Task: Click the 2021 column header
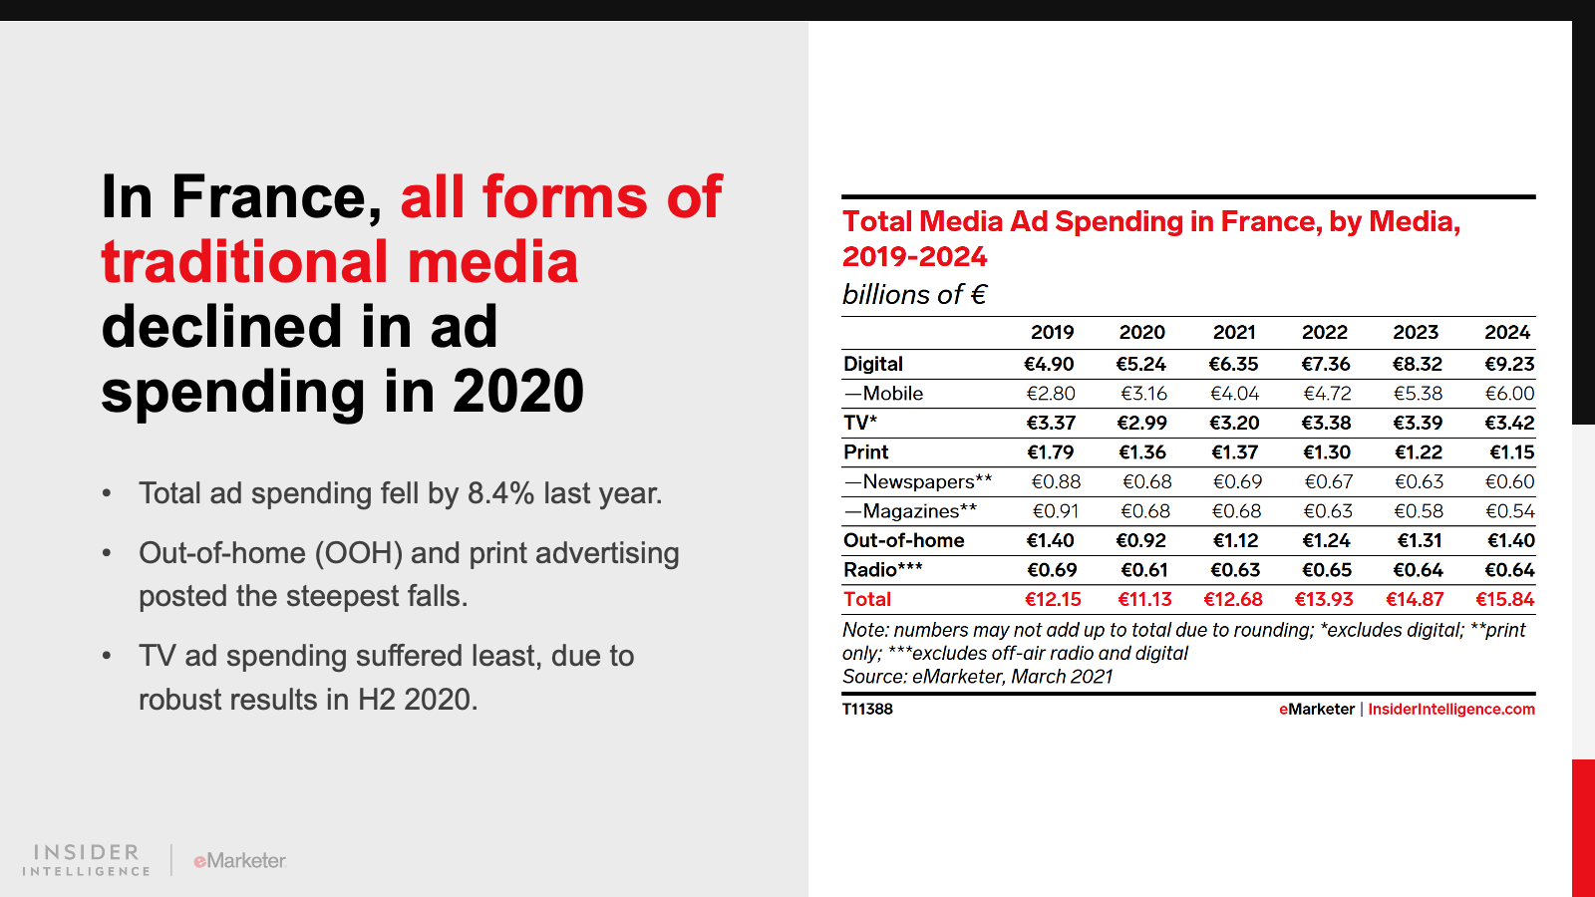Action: (1234, 333)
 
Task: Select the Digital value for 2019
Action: (1049, 364)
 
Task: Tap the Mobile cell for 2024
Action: (1509, 394)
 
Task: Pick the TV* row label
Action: (860, 423)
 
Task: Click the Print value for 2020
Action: (1142, 452)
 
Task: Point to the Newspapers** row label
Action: (918, 481)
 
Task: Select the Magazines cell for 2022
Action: (1328, 511)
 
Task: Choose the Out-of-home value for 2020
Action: (1141, 540)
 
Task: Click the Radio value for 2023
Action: (1418, 570)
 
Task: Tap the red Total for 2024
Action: (1505, 600)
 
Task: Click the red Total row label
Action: (867, 600)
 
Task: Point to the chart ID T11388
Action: (867, 710)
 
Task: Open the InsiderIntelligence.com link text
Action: (1451, 710)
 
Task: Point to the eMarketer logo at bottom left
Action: (240, 860)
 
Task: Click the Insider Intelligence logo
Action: (87, 859)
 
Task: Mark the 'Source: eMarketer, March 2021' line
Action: (977, 677)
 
